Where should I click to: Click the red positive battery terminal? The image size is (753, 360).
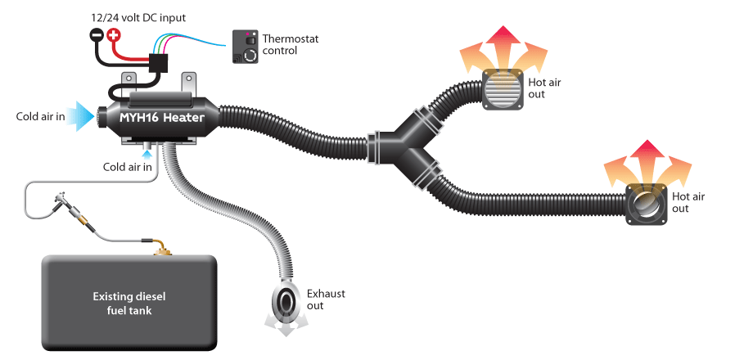point(113,35)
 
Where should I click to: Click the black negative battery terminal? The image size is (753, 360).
point(97,35)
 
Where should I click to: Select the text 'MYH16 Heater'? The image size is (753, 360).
point(162,118)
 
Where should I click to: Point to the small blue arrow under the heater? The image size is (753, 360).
point(147,154)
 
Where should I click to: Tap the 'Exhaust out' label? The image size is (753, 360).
point(326,299)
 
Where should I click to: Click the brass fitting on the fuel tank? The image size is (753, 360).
point(163,249)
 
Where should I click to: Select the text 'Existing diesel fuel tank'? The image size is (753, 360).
point(129,304)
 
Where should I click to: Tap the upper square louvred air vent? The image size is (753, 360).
point(503,89)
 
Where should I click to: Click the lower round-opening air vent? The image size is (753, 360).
point(646,205)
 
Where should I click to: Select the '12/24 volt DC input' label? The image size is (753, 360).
point(138,18)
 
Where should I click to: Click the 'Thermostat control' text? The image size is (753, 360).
point(291,44)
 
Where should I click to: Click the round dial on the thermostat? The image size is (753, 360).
point(250,55)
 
